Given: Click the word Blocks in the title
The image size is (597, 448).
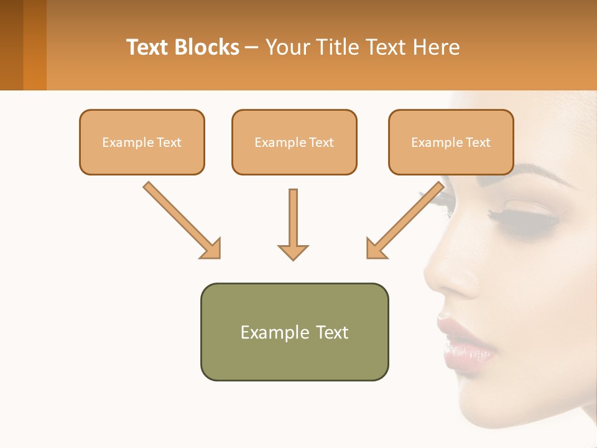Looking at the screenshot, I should pyautogui.click(x=207, y=47).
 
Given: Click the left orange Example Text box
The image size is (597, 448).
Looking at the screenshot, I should pyautogui.click(x=142, y=142).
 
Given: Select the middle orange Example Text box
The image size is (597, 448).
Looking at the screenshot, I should pyautogui.click(x=294, y=142).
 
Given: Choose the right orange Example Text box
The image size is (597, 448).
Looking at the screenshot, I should pyautogui.click(x=451, y=142).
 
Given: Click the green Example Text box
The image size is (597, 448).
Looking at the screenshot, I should pyautogui.click(x=294, y=332).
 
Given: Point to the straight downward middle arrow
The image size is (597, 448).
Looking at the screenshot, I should pyautogui.click(x=293, y=224).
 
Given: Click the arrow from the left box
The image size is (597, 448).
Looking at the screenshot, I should pyautogui.click(x=182, y=220).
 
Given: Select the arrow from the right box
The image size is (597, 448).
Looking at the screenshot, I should pyautogui.click(x=405, y=220).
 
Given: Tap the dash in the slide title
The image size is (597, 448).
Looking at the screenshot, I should pyautogui.click(x=252, y=47).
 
